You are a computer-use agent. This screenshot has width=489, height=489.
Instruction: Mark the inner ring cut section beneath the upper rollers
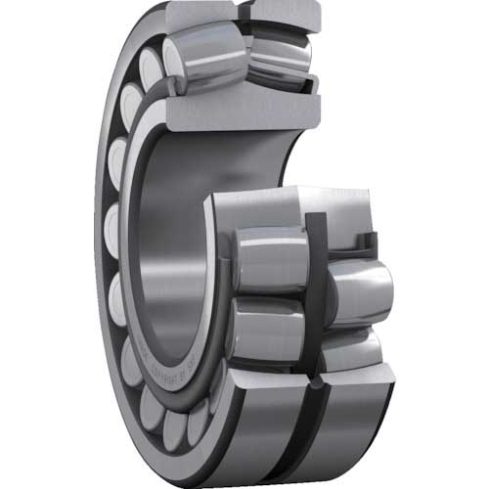(244, 108)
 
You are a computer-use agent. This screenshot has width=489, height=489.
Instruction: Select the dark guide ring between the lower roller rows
(315, 293)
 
